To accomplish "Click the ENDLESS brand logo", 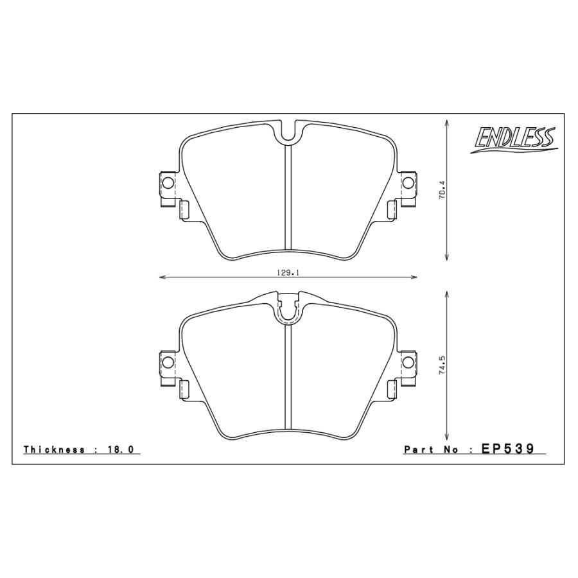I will [514, 139].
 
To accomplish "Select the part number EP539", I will [508, 449].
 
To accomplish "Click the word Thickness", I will [54, 450].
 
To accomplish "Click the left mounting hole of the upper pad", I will [168, 183].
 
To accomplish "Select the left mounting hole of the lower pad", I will [168, 362].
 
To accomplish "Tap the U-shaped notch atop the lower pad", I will [288, 311].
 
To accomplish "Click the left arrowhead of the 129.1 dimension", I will [161, 277].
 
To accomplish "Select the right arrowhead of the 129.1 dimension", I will [415, 277].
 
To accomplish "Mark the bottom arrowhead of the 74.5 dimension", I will [446, 434].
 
